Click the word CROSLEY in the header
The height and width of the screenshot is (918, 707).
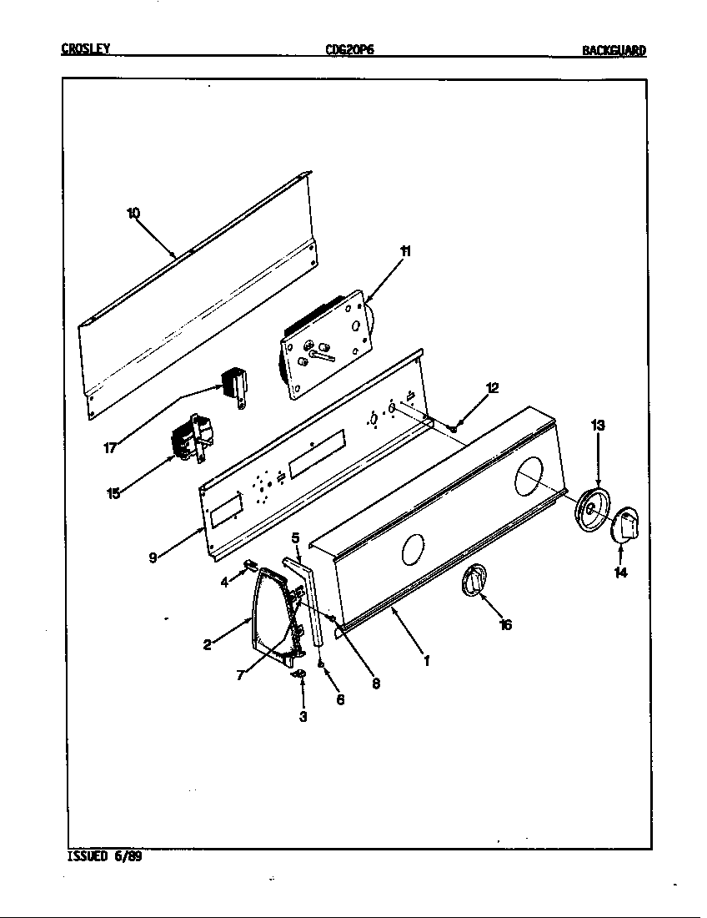(x=86, y=49)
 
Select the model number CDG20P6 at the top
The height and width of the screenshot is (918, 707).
(x=349, y=50)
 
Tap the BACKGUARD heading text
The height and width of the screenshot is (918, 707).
(x=614, y=51)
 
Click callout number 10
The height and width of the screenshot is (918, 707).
(x=133, y=213)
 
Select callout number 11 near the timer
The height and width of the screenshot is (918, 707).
(x=405, y=251)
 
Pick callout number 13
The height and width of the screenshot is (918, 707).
(x=598, y=426)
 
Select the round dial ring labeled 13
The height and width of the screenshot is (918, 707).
(x=594, y=510)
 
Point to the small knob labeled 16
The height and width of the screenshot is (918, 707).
(x=473, y=581)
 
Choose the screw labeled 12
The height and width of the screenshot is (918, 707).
(x=454, y=428)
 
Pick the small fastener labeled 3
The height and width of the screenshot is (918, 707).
(x=299, y=673)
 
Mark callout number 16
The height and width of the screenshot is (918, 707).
(x=505, y=624)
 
